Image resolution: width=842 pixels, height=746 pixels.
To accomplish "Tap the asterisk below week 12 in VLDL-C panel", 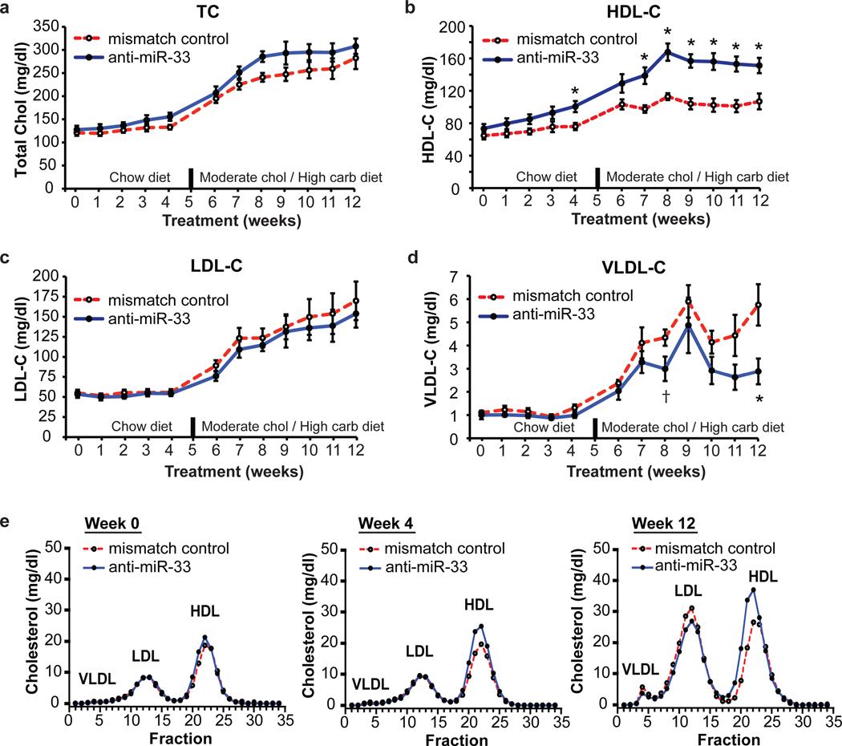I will click(x=759, y=400).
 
